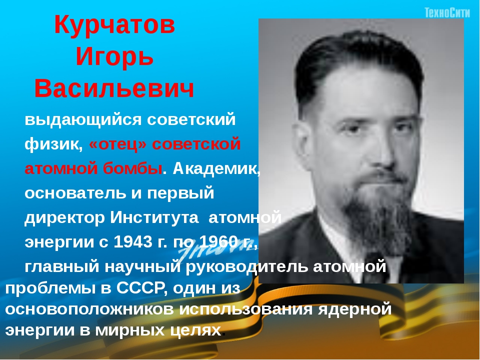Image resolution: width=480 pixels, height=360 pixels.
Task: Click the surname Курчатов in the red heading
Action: point(114,25)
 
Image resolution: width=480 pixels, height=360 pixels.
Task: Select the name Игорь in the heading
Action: point(114,57)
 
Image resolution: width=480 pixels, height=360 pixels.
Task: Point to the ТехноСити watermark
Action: point(447,13)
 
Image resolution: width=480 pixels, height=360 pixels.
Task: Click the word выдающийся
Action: point(83,120)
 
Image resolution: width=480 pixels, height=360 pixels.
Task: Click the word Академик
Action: point(216,168)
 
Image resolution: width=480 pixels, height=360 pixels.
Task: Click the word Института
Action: point(154,217)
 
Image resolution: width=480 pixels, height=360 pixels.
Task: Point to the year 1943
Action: point(133,242)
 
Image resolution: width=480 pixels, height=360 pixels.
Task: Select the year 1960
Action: point(218,242)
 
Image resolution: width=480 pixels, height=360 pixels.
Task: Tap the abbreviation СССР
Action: point(142,288)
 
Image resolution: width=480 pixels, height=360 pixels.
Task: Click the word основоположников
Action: point(89,309)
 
